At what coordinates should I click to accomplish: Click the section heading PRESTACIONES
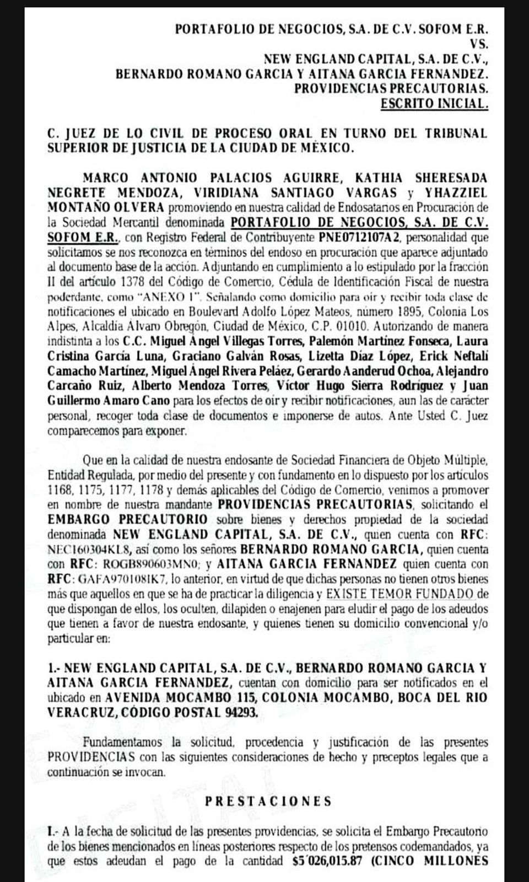tap(268, 801)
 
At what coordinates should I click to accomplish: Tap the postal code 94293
tap(240, 712)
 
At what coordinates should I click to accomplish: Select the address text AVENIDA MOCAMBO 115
tap(180, 697)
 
